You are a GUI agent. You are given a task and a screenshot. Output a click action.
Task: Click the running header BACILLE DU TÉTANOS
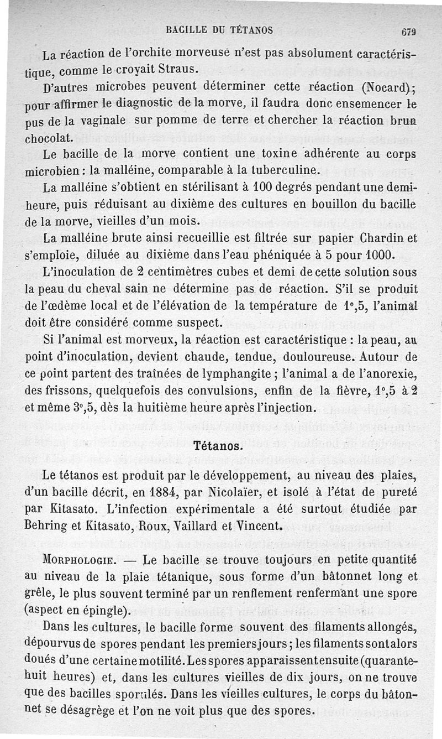pyautogui.click(x=219, y=30)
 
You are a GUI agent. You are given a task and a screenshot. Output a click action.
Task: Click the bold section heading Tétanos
pyautogui.click(x=219, y=444)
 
